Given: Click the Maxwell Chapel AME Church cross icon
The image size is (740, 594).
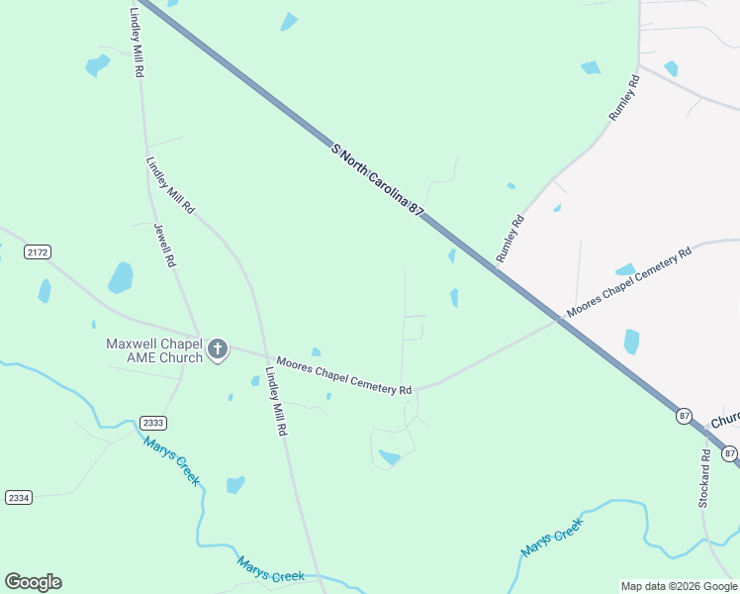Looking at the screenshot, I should click(x=218, y=348).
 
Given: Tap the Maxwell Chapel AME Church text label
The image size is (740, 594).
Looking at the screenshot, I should click(x=153, y=350).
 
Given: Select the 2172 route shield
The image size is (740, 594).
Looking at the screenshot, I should click(x=38, y=252).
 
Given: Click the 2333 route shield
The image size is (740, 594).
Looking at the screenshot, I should click(x=152, y=422).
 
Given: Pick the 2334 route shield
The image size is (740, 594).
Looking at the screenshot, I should click(x=17, y=496).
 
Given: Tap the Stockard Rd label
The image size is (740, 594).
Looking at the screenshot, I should click(x=704, y=479).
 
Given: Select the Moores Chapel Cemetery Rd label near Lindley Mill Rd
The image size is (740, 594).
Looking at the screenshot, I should click(x=343, y=376).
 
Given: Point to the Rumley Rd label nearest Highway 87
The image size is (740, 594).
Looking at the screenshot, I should click(x=509, y=239).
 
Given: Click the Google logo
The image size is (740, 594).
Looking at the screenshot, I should click(x=33, y=582).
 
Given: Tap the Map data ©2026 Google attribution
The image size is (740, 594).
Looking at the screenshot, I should click(x=679, y=586).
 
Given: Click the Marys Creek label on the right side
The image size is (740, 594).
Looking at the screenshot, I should click(x=552, y=542).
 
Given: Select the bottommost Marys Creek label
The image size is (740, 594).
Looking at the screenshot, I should click(x=271, y=569).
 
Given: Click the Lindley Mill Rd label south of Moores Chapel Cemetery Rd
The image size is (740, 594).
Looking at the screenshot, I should click(x=277, y=402).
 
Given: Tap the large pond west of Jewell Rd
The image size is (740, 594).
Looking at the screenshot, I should click(x=120, y=278).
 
